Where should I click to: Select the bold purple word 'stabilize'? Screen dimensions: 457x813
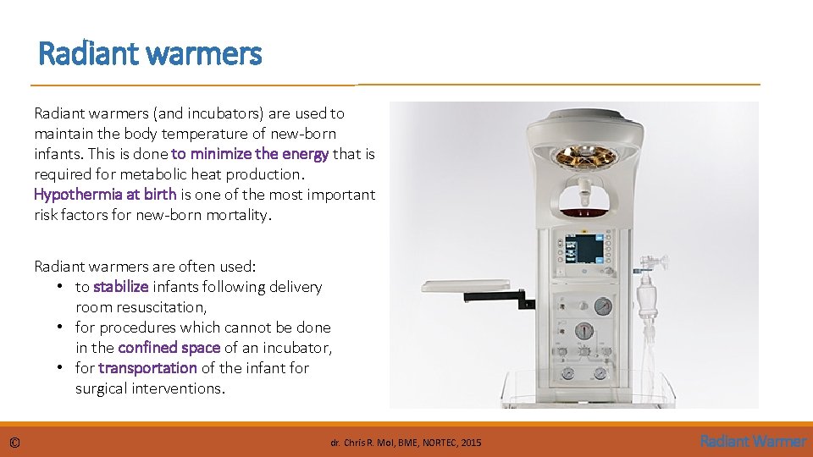120,287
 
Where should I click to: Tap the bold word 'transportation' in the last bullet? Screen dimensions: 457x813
147,368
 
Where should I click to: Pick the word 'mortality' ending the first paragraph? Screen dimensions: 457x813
241,215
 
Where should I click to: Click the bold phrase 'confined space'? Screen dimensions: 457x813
169,348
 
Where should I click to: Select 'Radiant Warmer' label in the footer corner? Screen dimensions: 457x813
753,441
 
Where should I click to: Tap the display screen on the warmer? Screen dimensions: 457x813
588,249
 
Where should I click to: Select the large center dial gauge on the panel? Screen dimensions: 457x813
583,331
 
